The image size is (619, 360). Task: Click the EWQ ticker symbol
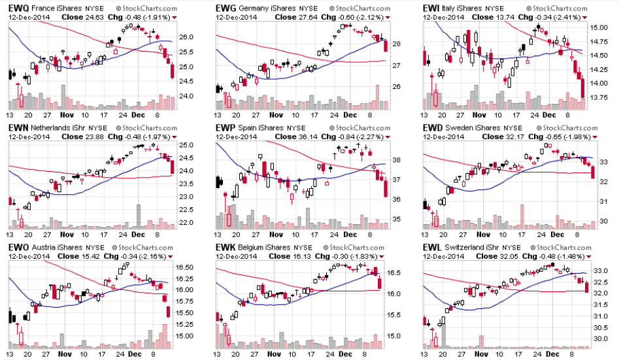coord(18,7)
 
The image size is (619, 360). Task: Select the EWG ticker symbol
coord(226,7)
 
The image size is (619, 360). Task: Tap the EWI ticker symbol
coord(431,7)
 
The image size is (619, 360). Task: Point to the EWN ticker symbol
coord(18,127)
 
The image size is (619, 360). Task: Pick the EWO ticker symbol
coord(18,248)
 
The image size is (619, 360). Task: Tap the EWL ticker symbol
coord(431,248)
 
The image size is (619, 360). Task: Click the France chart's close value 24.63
coord(95,16)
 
